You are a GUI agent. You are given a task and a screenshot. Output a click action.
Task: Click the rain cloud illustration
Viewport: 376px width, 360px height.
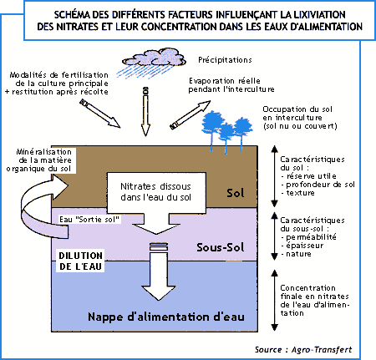click(x=153, y=63)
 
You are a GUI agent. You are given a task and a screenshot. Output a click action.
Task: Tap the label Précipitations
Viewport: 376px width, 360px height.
click(x=225, y=60)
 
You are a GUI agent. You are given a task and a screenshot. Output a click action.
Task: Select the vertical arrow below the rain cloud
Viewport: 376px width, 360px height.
click(x=145, y=112)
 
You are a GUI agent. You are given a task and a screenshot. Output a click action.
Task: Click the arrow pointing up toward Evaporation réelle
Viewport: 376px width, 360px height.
click(x=191, y=115)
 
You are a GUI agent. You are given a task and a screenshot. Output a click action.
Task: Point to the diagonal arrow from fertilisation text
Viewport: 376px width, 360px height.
click(x=99, y=114)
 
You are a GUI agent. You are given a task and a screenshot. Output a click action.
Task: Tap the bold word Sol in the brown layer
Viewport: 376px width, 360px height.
click(x=236, y=193)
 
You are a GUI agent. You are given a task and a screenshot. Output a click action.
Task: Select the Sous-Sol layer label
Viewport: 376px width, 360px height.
click(x=221, y=247)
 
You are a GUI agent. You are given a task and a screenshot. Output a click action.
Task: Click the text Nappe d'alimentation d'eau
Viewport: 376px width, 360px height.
click(x=166, y=317)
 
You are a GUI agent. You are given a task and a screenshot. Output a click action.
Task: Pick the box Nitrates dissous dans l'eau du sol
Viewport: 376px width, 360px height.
click(x=156, y=192)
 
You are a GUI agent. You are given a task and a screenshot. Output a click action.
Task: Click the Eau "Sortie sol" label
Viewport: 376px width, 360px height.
click(x=89, y=220)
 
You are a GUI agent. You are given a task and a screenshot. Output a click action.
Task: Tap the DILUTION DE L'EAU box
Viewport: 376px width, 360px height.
click(x=80, y=261)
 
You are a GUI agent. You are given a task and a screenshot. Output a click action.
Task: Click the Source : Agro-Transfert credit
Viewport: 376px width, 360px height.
click(x=303, y=349)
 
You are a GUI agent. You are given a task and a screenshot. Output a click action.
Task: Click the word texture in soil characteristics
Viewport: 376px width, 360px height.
click(x=300, y=193)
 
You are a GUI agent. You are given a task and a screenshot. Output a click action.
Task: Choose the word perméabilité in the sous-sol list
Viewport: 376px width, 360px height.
click(x=311, y=237)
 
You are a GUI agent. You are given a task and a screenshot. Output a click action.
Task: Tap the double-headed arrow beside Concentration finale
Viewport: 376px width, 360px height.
click(x=275, y=300)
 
